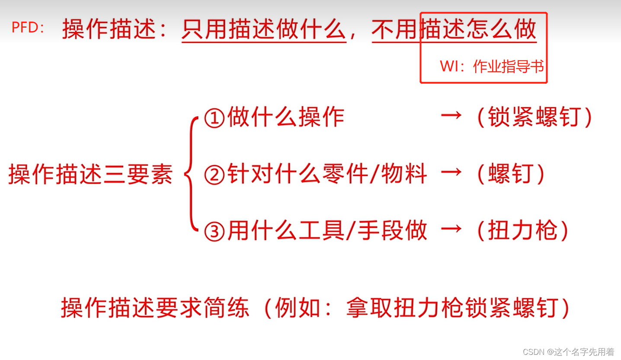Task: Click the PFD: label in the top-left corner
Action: [x=28, y=28]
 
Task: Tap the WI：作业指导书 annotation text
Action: [x=492, y=67]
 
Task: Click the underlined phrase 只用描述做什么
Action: [x=264, y=29]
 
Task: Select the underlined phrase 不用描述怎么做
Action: [x=454, y=29]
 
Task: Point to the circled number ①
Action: [x=214, y=118]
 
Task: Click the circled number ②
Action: [x=214, y=175]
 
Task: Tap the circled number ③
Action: [x=214, y=231]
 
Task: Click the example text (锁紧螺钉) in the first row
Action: [x=534, y=117]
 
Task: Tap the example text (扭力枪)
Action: [x=522, y=231]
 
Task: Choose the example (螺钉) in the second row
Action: [x=510, y=174]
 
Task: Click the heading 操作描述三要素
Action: [x=91, y=175]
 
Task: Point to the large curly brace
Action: [x=190, y=175]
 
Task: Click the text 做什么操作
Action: [x=285, y=117]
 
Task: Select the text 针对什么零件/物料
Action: [x=327, y=174]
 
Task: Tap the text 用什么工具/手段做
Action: [x=327, y=231]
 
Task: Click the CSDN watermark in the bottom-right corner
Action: [x=568, y=352]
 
